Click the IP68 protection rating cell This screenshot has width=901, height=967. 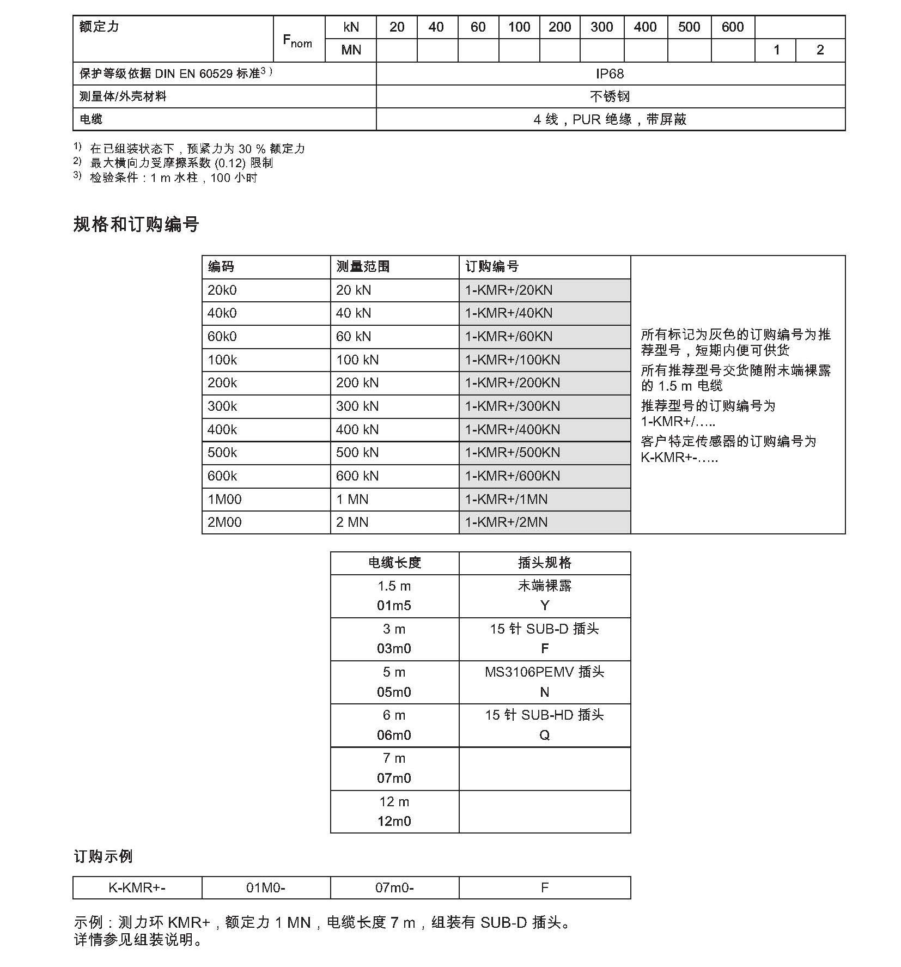click(610, 74)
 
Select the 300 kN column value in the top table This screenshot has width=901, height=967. click(601, 27)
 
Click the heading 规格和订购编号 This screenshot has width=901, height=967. click(136, 224)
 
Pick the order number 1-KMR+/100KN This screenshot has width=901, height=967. click(512, 360)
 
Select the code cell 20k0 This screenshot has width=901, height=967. click(222, 290)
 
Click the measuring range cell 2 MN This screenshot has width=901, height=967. click(352, 522)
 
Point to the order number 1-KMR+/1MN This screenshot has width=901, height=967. click(506, 500)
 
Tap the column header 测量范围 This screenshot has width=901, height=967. click(363, 267)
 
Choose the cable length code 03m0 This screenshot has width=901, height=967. click(394, 649)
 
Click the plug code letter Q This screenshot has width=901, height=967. click(544, 735)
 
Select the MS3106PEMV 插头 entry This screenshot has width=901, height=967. click(544, 672)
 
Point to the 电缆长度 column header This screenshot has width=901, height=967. click(394, 563)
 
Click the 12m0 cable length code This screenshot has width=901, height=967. click(394, 822)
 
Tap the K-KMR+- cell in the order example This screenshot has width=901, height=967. click(137, 888)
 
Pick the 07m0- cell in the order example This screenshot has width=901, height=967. click(394, 888)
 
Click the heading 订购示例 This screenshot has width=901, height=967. click(103, 856)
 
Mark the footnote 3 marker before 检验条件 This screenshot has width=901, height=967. click(77, 175)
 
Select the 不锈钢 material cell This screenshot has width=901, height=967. click(610, 96)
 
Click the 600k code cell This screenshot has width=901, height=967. click(222, 476)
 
